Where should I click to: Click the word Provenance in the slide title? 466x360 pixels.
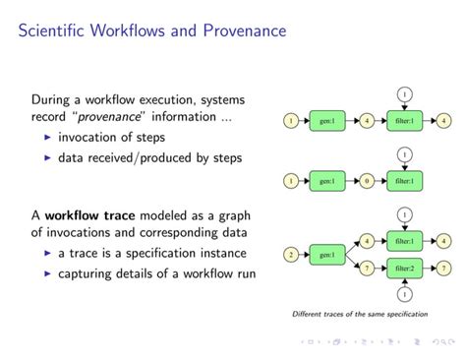click(x=241, y=30)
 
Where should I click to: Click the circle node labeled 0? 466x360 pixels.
click(x=367, y=181)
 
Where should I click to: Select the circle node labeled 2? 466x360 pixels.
click(x=290, y=254)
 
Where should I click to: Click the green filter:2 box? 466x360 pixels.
click(x=404, y=268)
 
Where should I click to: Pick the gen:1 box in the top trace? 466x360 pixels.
click(x=327, y=121)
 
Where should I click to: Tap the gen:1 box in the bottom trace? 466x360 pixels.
click(x=327, y=254)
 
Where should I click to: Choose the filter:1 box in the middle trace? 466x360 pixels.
click(x=404, y=181)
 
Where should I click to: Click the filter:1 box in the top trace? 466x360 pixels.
click(x=404, y=121)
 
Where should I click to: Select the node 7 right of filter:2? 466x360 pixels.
click(x=443, y=268)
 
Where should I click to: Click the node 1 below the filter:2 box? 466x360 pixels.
click(x=404, y=294)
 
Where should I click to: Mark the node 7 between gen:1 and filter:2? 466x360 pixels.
click(x=367, y=268)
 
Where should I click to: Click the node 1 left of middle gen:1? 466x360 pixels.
click(x=290, y=181)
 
